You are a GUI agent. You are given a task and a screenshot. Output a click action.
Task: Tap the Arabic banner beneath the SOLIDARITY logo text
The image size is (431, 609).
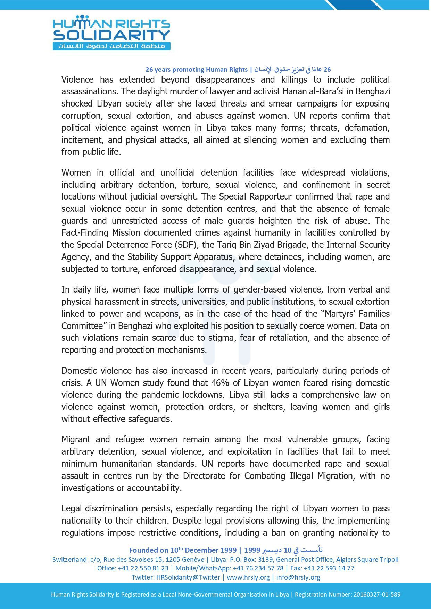111,46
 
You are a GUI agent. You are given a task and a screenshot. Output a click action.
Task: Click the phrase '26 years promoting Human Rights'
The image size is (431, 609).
196,70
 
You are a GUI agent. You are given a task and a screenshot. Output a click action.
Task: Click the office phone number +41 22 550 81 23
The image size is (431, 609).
143,568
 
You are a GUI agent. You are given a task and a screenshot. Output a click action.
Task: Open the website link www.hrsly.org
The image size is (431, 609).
248,577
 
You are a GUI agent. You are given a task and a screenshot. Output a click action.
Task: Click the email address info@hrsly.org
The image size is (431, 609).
298,577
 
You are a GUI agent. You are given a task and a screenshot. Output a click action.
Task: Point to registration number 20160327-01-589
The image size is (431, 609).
377,594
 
